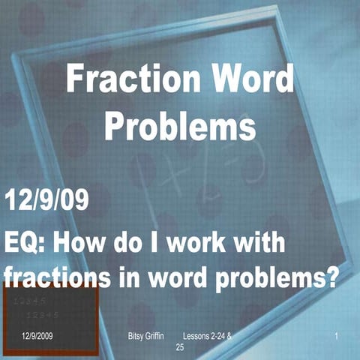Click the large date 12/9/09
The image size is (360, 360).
tap(47, 201)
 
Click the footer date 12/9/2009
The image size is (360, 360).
tap(37, 338)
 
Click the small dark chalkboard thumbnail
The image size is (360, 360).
tap(49, 322)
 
